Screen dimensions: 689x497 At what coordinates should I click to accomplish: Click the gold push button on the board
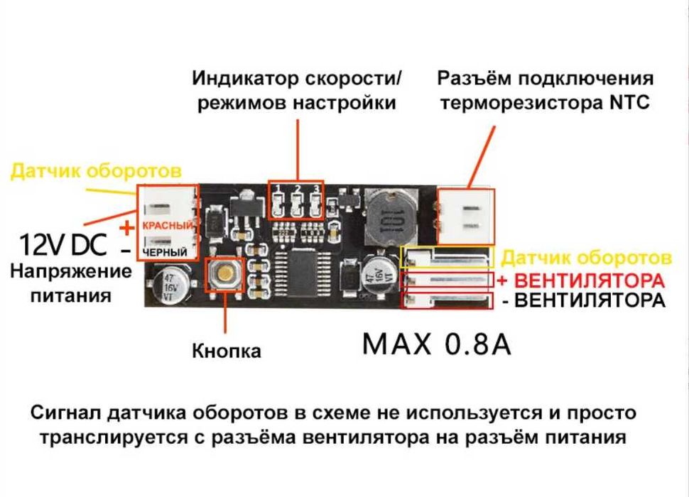(225, 273)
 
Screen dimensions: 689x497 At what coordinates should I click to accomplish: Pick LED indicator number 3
(315, 204)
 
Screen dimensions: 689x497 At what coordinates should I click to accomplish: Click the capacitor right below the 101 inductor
(379, 275)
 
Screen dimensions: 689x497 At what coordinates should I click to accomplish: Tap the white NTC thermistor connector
(465, 217)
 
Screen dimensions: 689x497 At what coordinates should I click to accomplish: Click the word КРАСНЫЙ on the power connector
(168, 226)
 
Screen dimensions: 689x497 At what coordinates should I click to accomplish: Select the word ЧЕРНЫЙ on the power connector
(165, 253)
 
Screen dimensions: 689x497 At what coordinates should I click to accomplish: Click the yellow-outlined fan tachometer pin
(447, 257)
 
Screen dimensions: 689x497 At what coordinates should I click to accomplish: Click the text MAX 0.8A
(436, 344)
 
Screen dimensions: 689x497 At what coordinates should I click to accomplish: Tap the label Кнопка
(227, 351)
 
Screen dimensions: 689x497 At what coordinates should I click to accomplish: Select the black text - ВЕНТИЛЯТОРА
(584, 301)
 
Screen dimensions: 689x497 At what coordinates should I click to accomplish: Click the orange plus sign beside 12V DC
(127, 228)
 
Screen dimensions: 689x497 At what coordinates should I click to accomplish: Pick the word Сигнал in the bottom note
(66, 413)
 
